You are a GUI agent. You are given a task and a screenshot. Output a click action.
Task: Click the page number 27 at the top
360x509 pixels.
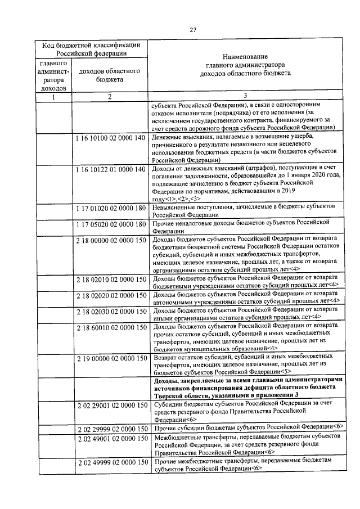tap(192, 30)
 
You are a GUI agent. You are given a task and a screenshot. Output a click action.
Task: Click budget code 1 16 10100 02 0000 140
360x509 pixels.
tap(111, 138)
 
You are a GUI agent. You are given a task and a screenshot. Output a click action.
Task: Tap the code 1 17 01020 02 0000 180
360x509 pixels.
tap(111, 208)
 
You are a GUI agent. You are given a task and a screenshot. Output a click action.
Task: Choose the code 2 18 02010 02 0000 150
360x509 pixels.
tap(111, 279)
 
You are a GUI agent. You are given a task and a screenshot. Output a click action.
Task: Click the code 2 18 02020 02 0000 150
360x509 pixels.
tap(111, 295)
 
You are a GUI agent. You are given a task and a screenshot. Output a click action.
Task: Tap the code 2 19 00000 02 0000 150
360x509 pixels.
tap(111, 359)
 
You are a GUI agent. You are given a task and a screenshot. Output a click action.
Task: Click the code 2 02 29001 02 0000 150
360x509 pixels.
tap(111, 406)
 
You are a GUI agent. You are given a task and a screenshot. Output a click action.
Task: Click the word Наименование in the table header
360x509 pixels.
tap(245, 57)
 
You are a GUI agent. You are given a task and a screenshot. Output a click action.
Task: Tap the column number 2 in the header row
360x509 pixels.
tap(110, 97)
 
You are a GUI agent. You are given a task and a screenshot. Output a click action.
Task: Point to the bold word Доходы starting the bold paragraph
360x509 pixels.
tap(166, 381)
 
